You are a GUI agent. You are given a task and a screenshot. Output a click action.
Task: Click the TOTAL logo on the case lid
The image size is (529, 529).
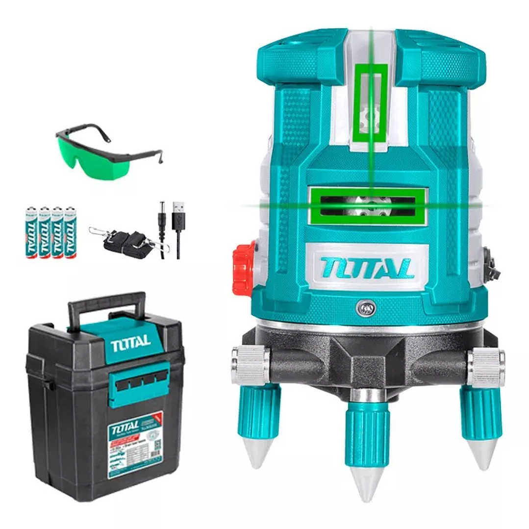click(x=130, y=343)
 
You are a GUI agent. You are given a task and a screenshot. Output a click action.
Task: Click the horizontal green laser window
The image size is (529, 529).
click(x=368, y=205)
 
